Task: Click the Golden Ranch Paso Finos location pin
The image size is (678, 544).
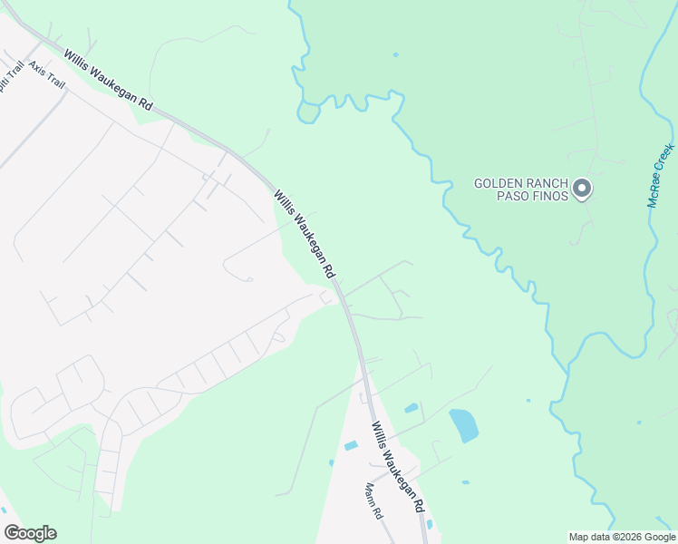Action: tap(583, 189)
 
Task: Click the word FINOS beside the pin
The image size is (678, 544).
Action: tap(551, 196)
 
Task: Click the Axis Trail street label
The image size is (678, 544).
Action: tap(47, 74)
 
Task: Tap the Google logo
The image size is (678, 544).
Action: tap(30, 533)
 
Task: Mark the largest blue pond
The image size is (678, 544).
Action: tap(463, 425)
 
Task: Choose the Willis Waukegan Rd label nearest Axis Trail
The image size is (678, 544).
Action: tap(108, 81)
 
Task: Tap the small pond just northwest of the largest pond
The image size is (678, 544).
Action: tap(412, 408)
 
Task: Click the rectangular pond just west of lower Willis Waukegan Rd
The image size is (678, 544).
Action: tap(351, 445)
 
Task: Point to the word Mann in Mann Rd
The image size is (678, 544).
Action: tap(370, 494)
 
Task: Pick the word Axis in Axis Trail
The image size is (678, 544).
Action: tap(37, 67)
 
